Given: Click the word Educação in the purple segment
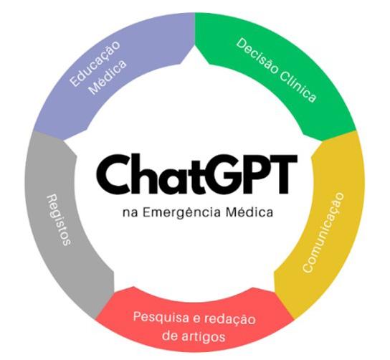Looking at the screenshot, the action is coord(95,63).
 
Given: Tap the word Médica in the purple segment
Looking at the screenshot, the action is coord(108,77).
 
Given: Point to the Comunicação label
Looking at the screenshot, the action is coord(323,232).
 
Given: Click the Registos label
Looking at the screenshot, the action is coord(59,220).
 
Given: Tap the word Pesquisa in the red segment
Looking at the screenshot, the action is coord(160,318).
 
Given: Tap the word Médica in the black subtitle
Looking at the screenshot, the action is coord(249,212).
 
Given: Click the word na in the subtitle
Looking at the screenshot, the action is coord(130,214).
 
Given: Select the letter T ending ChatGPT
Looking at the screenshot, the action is coord(284,174).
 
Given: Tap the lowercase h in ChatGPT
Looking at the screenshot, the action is coord(143,174).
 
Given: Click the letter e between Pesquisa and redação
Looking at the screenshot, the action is coord(195,319).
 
